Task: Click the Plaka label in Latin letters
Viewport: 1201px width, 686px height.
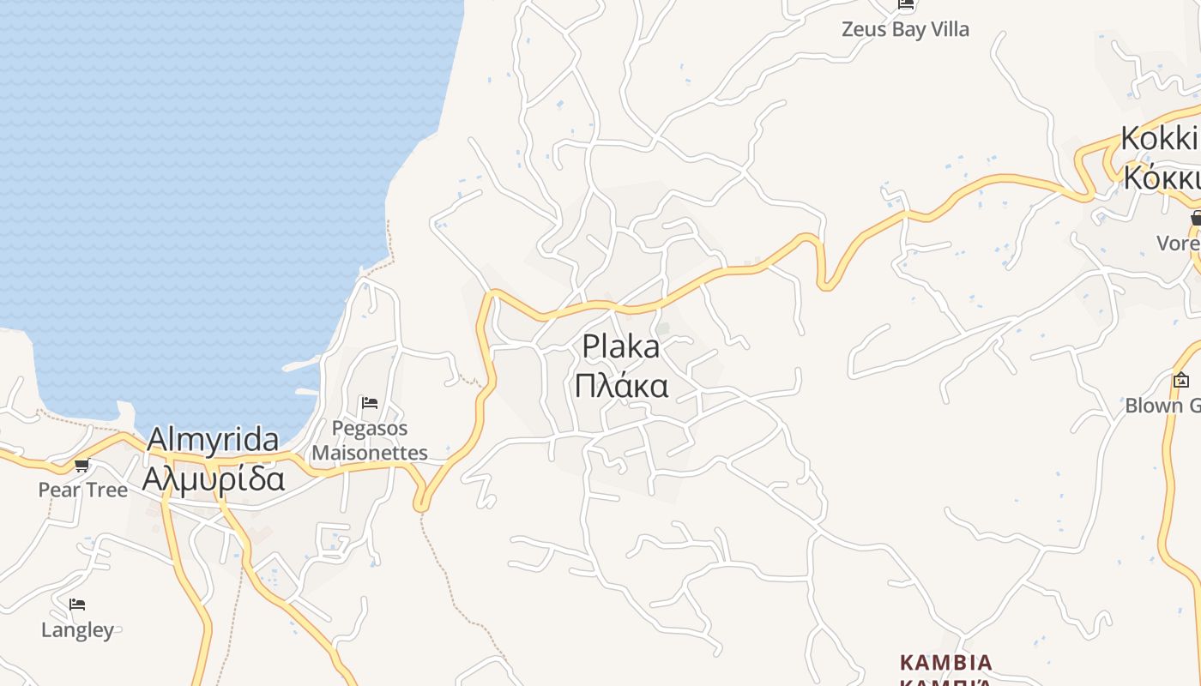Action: (621, 347)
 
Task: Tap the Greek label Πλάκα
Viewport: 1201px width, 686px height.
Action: (621, 386)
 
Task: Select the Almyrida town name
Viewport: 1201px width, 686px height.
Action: (213, 440)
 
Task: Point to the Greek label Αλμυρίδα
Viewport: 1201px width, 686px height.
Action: (213, 478)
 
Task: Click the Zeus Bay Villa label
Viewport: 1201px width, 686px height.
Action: (905, 29)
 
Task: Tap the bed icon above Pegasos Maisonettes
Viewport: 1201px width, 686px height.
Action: (370, 402)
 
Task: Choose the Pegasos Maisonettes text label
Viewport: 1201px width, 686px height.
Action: (370, 440)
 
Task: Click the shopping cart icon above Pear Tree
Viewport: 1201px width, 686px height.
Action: (82, 466)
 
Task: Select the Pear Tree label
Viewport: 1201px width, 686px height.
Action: (82, 490)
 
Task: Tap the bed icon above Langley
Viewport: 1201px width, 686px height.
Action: (77, 605)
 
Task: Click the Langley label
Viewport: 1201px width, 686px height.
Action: (77, 630)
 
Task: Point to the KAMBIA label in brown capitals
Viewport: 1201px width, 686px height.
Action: (945, 663)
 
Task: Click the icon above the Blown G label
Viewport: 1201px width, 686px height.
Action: (1181, 379)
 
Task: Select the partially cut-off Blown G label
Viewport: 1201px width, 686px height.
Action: (1163, 405)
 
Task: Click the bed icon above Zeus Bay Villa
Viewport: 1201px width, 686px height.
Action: (906, 4)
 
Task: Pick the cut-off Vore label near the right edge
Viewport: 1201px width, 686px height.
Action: (1178, 243)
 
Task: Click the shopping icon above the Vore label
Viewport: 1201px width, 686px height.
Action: (1196, 219)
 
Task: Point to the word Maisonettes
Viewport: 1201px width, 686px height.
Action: (370, 452)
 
